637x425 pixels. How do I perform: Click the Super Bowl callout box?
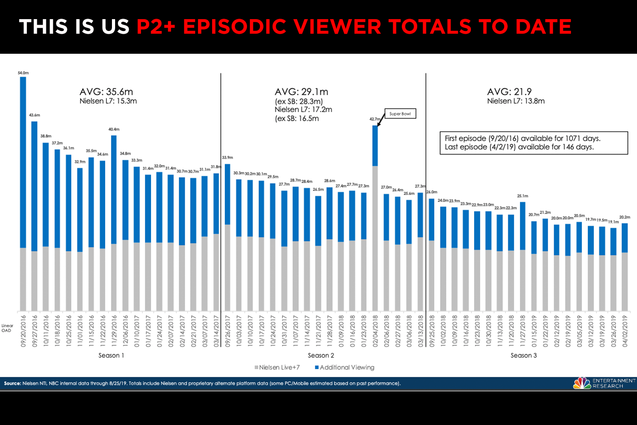pos(400,114)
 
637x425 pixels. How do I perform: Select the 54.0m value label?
pos(23,73)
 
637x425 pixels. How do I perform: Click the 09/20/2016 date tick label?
pos(23,331)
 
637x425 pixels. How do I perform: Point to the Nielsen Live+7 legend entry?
pos(277,368)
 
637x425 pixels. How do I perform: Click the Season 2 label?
pos(321,355)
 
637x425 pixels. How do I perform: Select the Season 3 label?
pos(523,355)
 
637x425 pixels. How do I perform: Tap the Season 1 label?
pos(111,355)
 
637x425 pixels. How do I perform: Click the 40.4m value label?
pos(114,129)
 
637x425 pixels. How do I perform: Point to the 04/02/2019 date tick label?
pos(625,331)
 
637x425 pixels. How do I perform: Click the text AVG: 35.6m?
pos(106,92)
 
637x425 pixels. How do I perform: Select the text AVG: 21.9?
pos(509,92)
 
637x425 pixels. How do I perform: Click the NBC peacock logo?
pos(582,383)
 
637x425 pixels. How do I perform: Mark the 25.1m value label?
pos(522,196)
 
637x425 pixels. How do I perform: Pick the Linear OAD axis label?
pos(7,328)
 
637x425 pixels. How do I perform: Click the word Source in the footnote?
pos(12,384)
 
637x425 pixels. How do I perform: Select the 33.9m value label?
pos(227,158)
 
